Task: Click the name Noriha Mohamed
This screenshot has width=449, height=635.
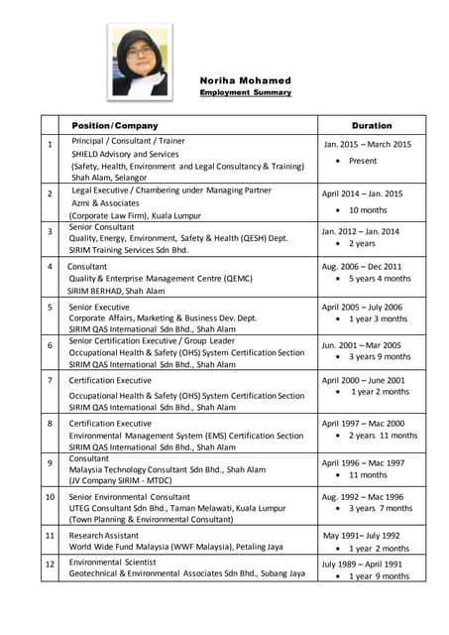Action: [x=245, y=80]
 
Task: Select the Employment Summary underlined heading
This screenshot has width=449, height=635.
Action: [x=245, y=92]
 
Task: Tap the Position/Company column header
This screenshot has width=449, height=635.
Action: [x=115, y=126]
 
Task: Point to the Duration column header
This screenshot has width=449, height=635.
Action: [x=372, y=126]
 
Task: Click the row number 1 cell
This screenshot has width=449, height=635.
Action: [x=50, y=146]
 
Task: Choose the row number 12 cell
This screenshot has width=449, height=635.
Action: [x=51, y=566]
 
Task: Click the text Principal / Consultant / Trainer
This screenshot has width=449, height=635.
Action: [x=129, y=142]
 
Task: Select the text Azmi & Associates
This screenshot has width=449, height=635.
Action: [x=110, y=202]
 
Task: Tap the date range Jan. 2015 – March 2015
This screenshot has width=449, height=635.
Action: [x=367, y=145]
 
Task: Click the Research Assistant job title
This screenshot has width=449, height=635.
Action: [x=104, y=534]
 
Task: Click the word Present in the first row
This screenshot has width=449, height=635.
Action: [x=363, y=161]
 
